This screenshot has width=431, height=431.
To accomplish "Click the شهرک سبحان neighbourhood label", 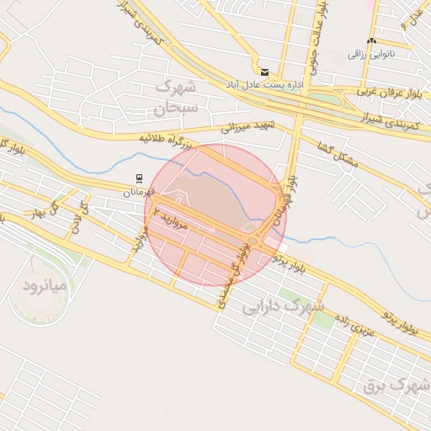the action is tap(175, 97).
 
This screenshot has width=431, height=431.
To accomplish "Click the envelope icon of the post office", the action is tap(265, 72).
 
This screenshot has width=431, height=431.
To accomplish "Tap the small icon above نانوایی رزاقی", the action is tap(371, 40).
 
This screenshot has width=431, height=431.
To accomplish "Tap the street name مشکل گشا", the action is tap(340, 154).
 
